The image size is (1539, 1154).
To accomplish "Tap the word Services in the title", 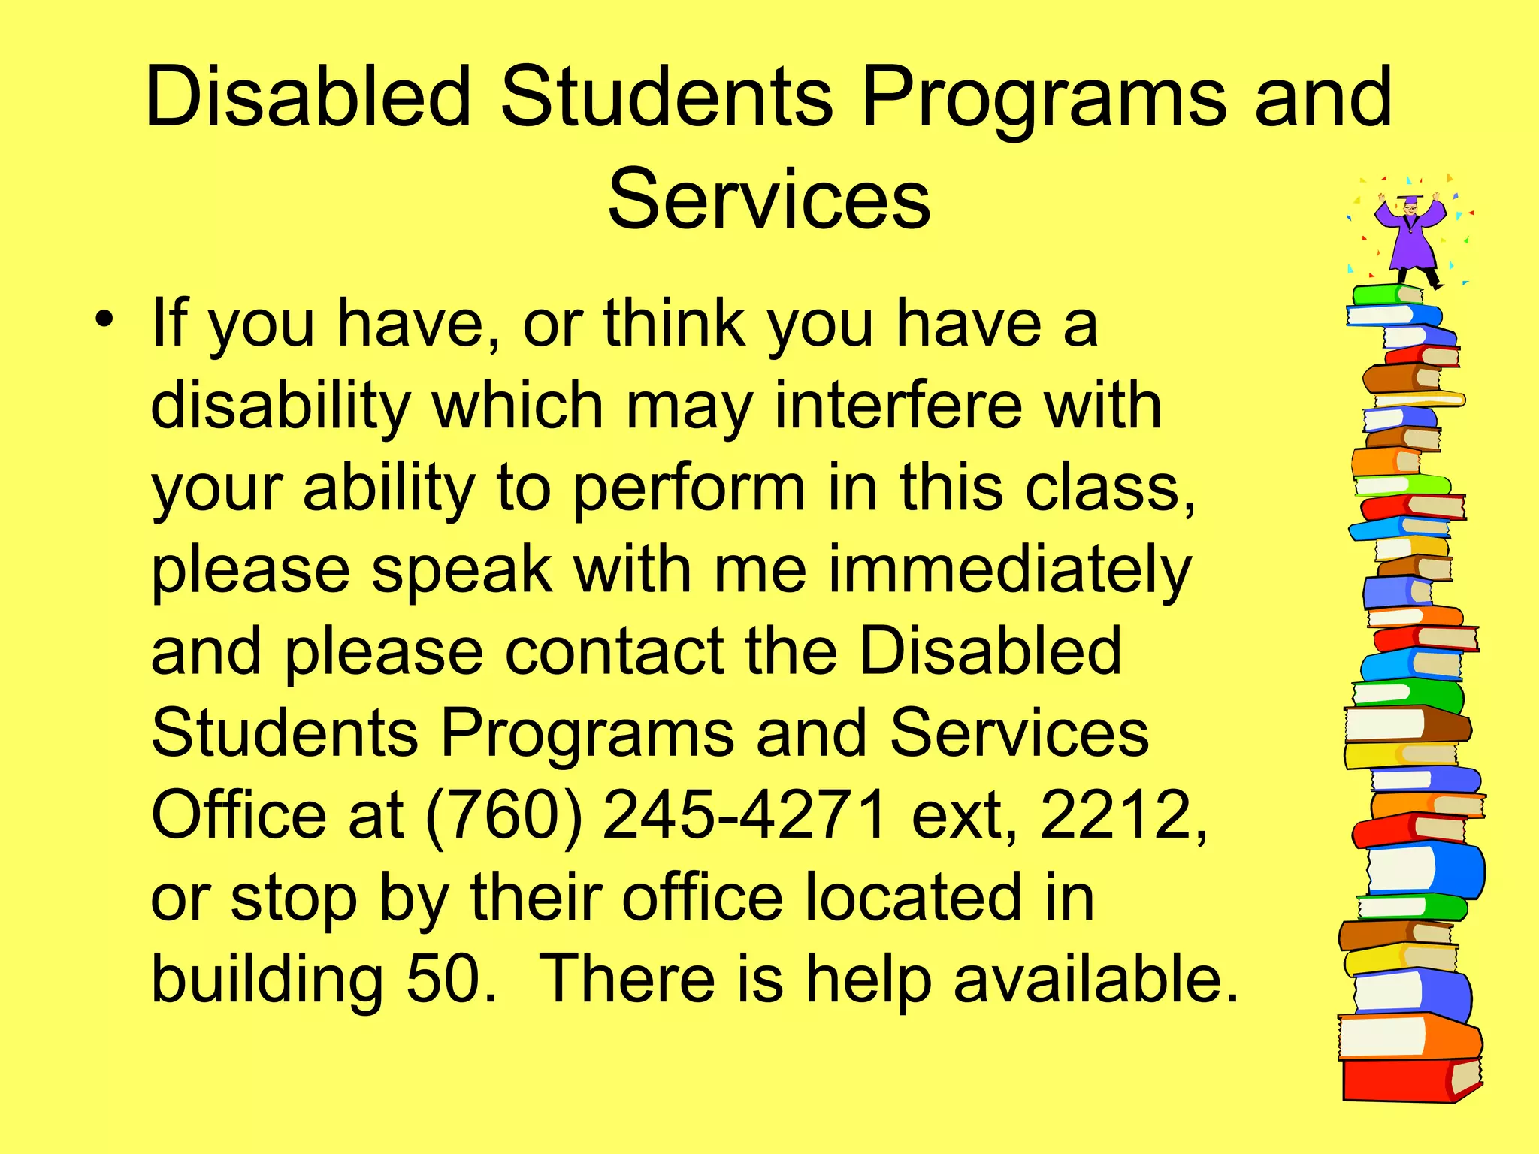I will [x=769, y=199].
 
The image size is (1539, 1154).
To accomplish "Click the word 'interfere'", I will [x=898, y=406].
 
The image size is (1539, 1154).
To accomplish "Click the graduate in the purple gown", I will [x=1410, y=237].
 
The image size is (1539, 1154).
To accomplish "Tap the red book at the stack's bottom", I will [x=1405, y=1080].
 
